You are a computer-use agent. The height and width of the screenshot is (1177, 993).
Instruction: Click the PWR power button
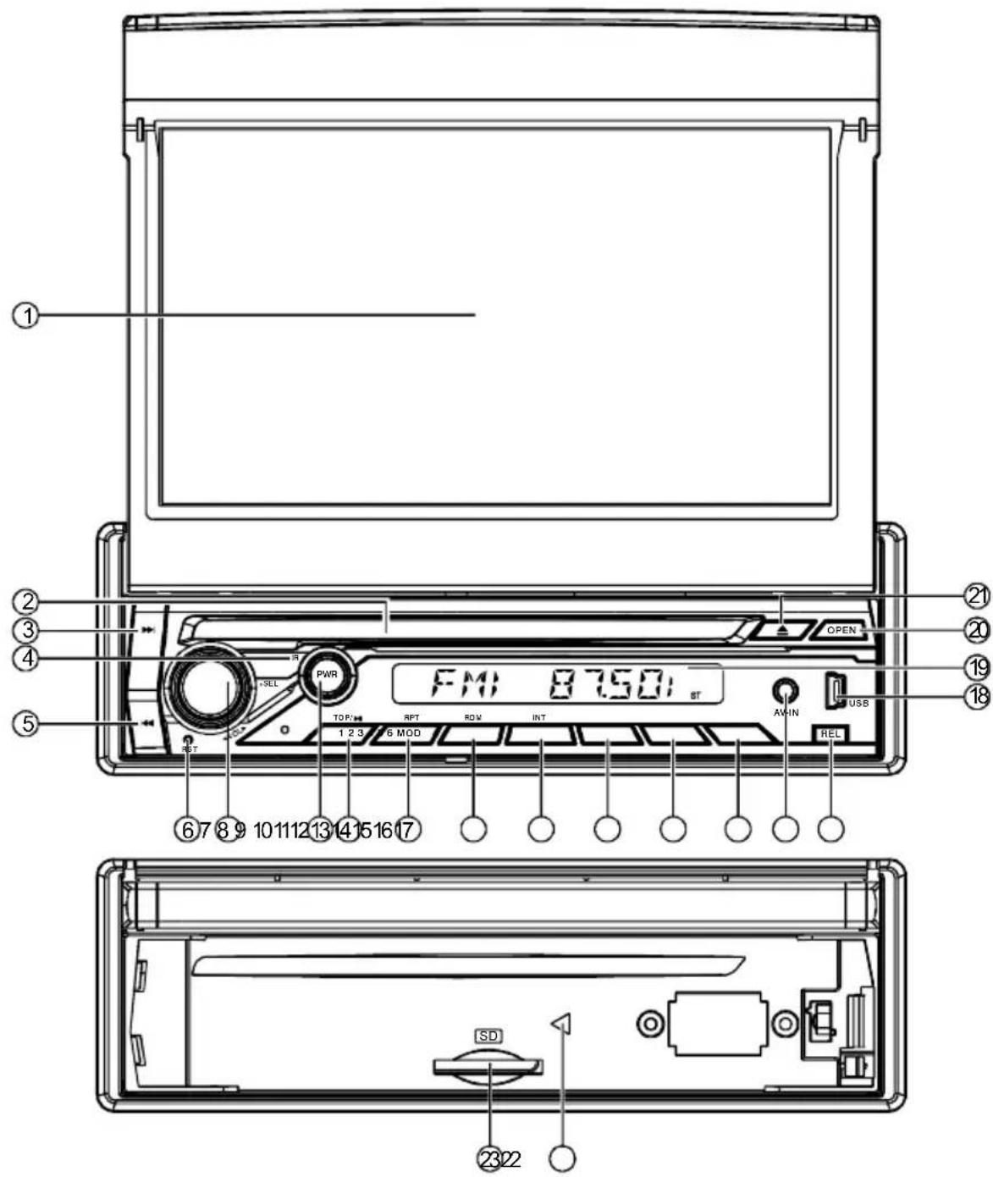[x=327, y=675]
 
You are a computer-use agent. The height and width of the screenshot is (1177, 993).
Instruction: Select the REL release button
[x=830, y=734]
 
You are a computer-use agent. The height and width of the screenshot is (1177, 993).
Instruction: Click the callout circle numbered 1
[x=25, y=316]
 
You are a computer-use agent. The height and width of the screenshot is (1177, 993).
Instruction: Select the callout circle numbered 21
[x=978, y=596]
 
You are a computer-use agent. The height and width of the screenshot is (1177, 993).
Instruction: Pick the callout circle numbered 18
[x=978, y=696]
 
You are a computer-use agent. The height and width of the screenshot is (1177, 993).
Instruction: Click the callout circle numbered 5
[x=25, y=700]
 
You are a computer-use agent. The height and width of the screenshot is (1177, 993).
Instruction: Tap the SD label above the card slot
[x=488, y=1036]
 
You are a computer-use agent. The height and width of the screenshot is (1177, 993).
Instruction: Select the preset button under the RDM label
[x=471, y=735]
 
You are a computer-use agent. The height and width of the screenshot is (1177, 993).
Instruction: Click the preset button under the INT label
[x=540, y=735]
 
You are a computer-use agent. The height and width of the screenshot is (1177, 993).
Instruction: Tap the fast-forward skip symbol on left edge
[x=147, y=631]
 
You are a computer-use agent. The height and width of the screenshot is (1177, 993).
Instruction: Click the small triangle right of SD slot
[x=562, y=1023]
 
